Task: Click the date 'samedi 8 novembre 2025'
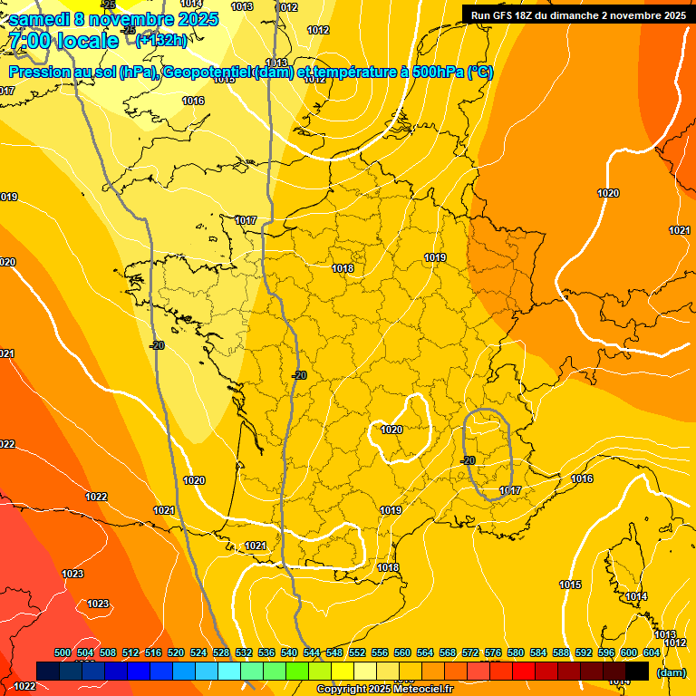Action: [x=113, y=19]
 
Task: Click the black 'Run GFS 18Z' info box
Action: [x=577, y=14]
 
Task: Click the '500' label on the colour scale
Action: [x=63, y=652]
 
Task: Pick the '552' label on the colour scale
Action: [x=358, y=652]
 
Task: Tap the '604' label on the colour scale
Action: [x=652, y=652]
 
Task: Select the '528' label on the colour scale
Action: [x=221, y=652]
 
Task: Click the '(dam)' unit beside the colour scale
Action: [x=672, y=672]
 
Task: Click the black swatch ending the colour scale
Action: [x=637, y=671]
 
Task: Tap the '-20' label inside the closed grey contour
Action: [x=468, y=460]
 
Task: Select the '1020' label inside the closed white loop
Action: [x=391, y=430]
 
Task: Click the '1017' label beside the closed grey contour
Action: [x=510, y=490]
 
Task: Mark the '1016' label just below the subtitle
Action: [x=193, y=101]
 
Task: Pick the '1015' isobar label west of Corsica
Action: [x=570, y=585]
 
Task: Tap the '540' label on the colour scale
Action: [x=289, y=652]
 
